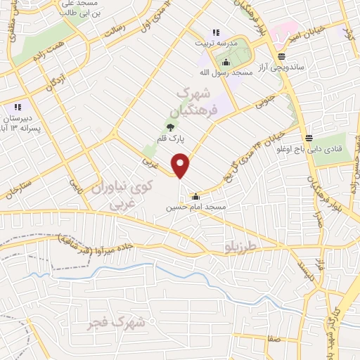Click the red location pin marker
[181, 166]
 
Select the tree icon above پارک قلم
[170, 127]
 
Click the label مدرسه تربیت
[216, 42]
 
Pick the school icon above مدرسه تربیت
[216, 32]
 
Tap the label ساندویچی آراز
[281, 67]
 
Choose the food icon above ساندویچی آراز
[281, 56]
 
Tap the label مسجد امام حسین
[195, 207]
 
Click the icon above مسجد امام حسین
[195, 197]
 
